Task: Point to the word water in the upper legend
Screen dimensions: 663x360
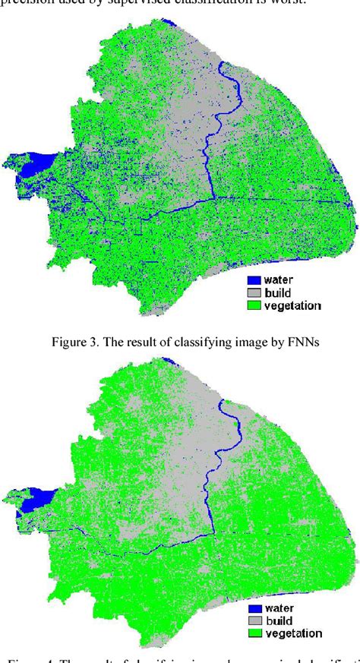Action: [278, 279]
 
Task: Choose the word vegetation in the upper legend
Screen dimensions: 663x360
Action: [292, 305]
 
